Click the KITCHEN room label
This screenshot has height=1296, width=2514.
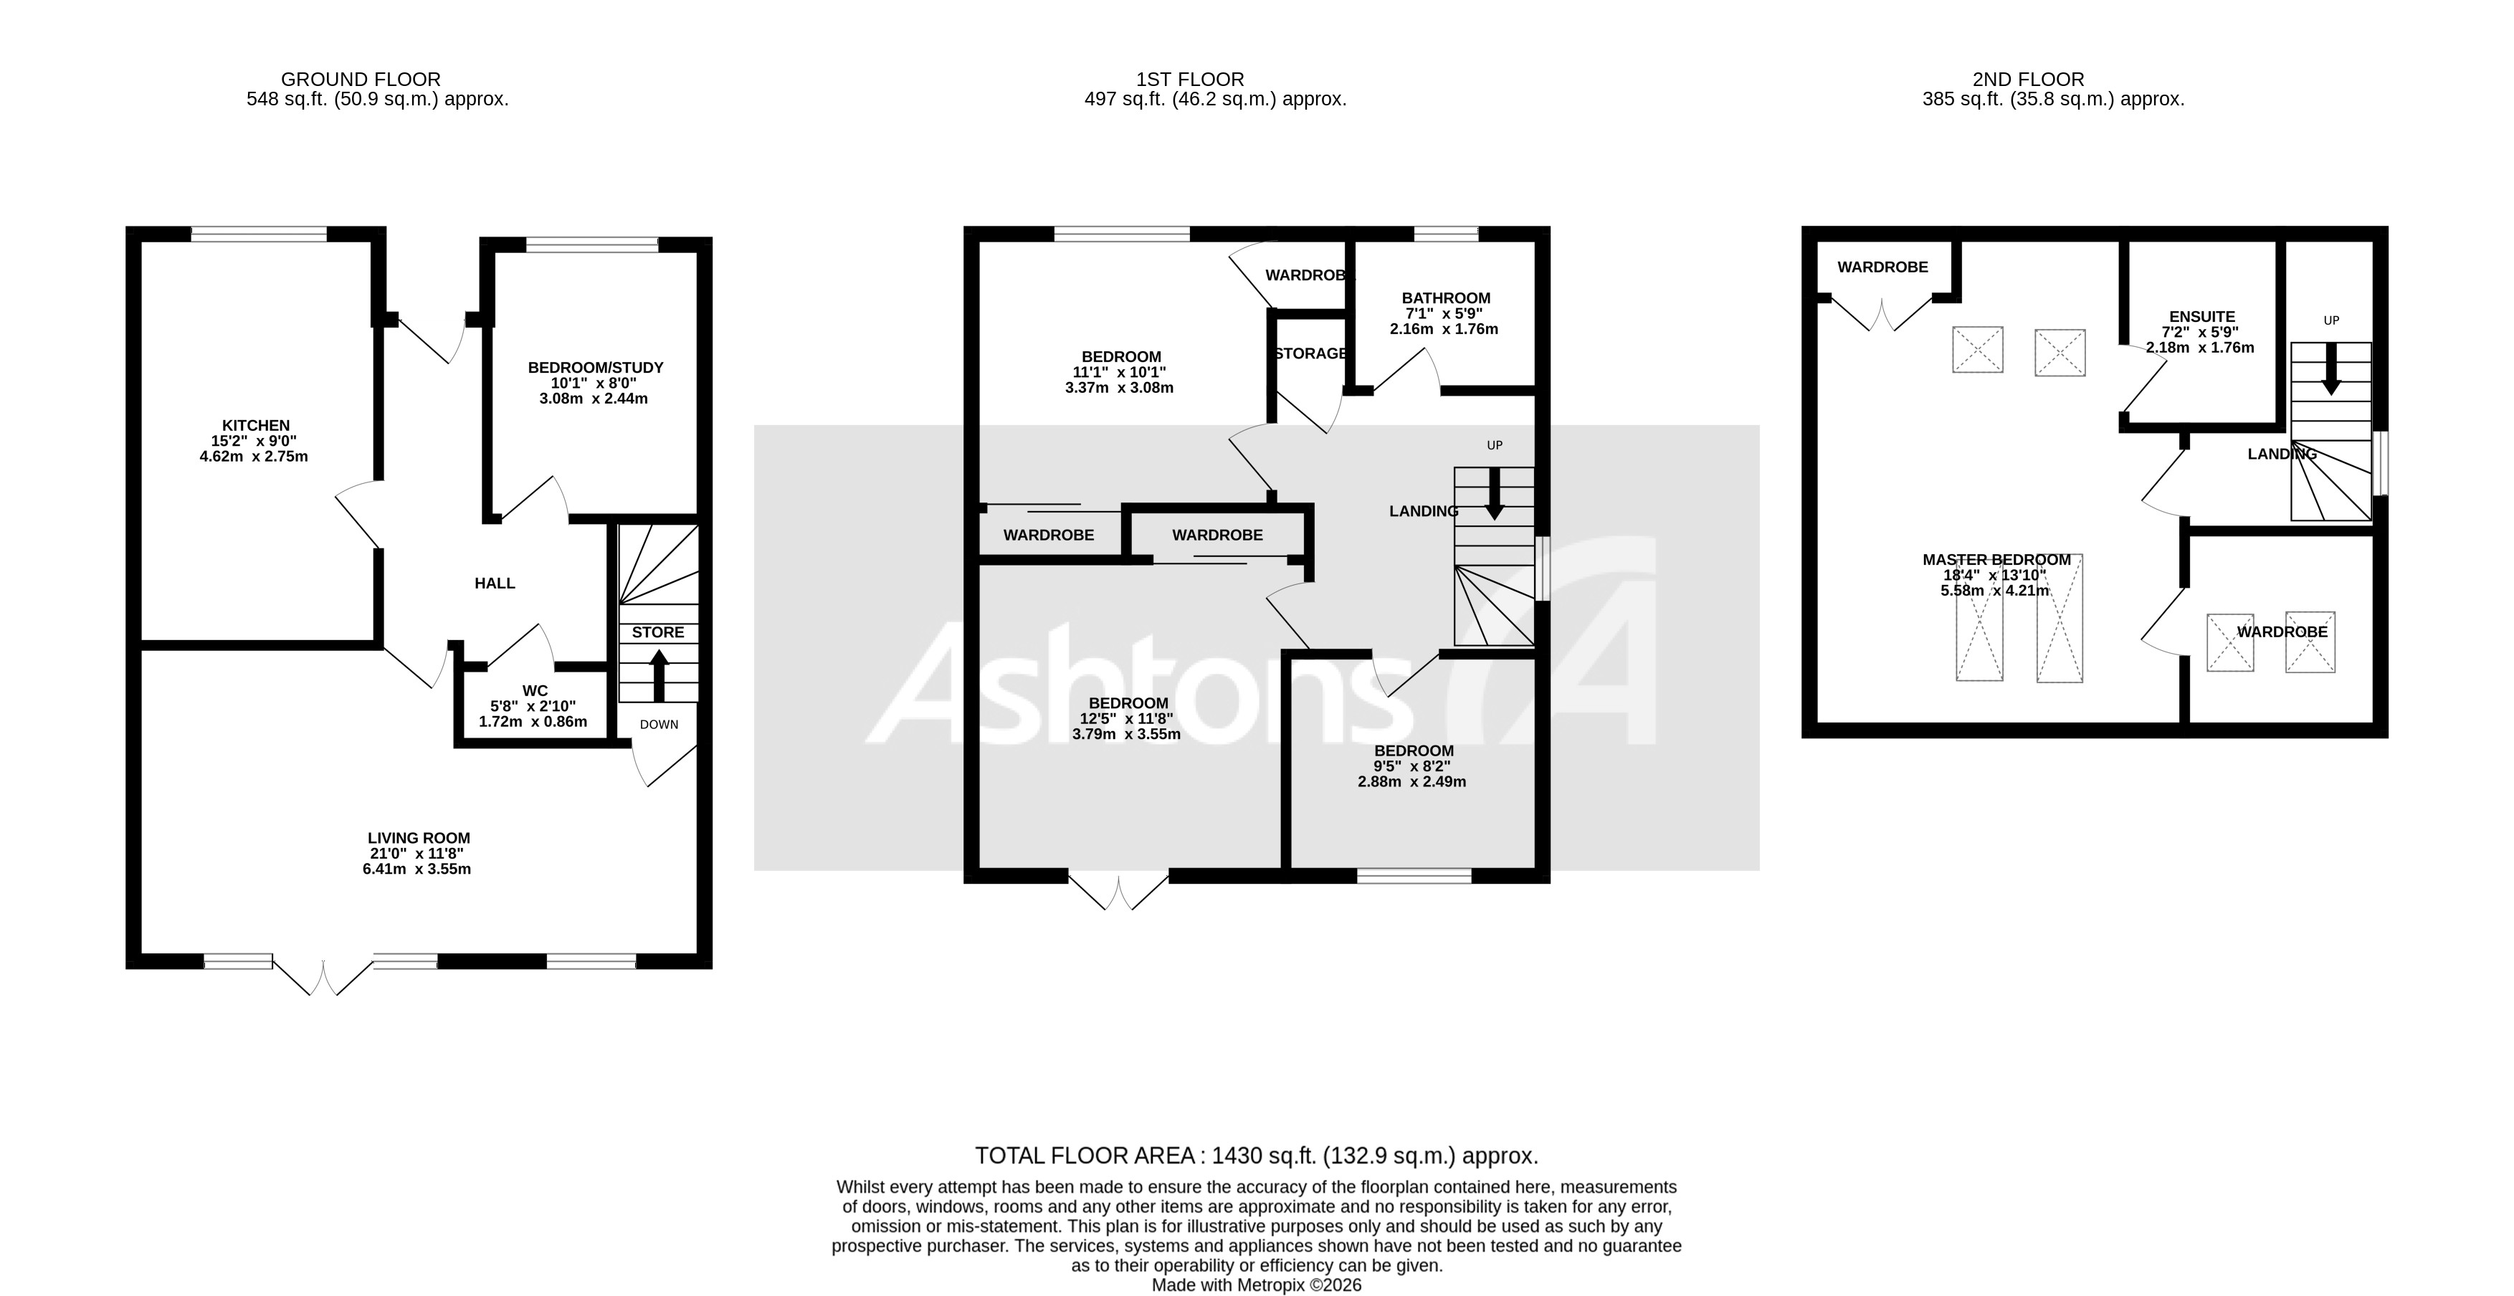tap(256, 426)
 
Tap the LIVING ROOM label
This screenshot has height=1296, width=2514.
tap(419, 837)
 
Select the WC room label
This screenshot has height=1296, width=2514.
tap(535, 691)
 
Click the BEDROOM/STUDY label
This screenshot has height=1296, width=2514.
tap(595, 368)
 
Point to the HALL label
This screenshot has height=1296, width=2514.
tap(495, 583)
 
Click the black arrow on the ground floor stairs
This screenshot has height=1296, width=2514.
tap(659, 675)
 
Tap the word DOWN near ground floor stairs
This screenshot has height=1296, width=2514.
tap(659, 724)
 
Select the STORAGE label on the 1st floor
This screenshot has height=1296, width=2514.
tap(1310, 353)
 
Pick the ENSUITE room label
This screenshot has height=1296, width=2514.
tap(2201, 317)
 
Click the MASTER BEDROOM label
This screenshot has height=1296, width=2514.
tap(1996, 560)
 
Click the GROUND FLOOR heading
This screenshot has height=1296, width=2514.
tap(360, 79)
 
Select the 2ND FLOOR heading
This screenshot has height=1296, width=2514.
tap(2053, 79)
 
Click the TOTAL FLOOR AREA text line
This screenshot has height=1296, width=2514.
tap(1256, 1156)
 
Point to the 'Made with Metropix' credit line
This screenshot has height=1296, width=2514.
tap(1256, 1285)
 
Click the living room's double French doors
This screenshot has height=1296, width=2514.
tap(323, 976)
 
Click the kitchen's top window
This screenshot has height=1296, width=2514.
tap(259, 233)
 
